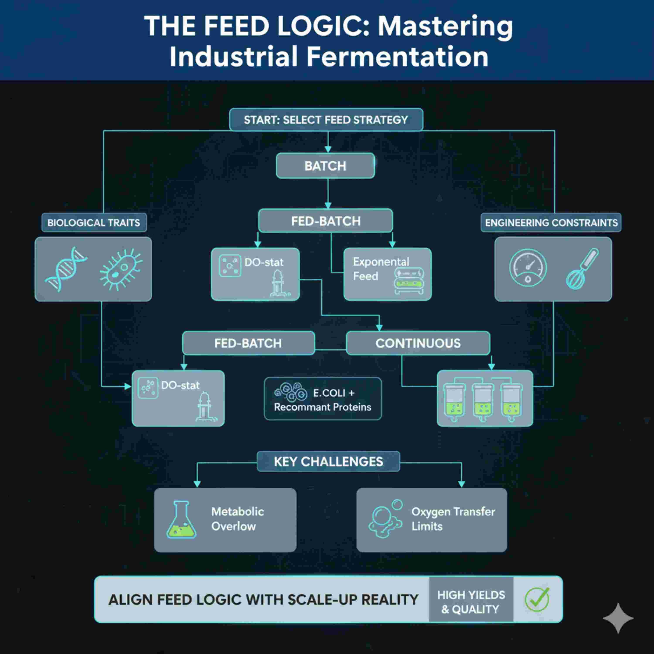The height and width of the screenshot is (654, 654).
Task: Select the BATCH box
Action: point(325,166)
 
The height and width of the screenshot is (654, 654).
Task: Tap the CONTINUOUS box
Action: point(418,343)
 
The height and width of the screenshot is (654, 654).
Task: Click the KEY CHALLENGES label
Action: point(328,461)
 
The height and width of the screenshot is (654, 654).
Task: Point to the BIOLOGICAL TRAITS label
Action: point(94,223)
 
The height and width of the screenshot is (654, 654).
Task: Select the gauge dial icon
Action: point(528,267)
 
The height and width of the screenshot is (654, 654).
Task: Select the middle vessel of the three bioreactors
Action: point(483,402)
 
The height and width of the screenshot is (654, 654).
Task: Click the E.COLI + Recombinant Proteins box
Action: point(323,399)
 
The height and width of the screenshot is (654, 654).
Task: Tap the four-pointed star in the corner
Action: point(618,618)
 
